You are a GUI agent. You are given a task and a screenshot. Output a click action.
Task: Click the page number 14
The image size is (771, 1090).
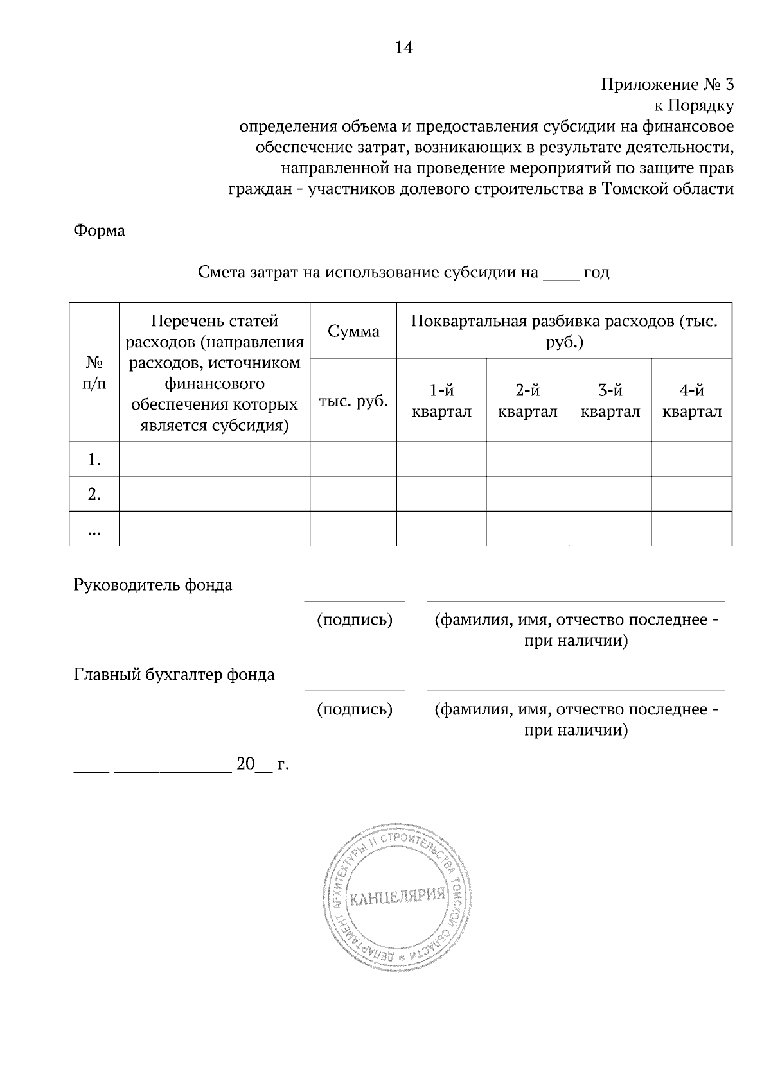click(x=403, y=48)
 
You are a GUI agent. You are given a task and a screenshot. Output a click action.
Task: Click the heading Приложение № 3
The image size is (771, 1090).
click(x=666, y=85)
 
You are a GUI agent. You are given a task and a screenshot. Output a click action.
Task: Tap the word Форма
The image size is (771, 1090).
click(x=100, y=230)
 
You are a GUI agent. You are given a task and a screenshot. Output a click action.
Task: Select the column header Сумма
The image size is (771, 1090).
click(x=353, y=331)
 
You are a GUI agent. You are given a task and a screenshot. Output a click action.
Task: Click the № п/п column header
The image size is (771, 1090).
click(x=94, y=373)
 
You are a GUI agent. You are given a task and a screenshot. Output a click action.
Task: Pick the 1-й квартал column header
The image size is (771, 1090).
click(x=441, y=401)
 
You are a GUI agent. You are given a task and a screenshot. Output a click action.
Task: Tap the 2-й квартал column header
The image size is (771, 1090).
click(x=527, y=401)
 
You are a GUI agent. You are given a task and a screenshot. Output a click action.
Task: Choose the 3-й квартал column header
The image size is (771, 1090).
click(x=610, y=401)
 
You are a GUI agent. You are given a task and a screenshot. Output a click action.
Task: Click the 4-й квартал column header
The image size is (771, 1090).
click(x=692, y=401)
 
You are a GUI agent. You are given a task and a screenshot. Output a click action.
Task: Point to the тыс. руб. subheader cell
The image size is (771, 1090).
click(x=353, y=401)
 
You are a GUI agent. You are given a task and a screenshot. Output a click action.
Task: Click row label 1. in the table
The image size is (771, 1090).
click(x=94, y=460)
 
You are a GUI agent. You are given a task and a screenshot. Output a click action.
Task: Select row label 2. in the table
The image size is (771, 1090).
click(x=94, y=494)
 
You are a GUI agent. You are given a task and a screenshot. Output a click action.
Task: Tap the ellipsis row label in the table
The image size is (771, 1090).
click(x=94, y=530)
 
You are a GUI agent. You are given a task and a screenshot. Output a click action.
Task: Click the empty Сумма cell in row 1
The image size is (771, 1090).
click(x=353, y=460)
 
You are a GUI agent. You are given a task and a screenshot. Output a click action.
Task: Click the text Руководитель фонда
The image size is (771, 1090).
click(x=153, y=585)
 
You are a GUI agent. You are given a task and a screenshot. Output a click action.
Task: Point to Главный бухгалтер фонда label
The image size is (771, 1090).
click(x=174, y=674)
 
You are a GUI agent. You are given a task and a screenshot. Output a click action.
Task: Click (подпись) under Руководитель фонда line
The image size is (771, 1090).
click(x=355, y=619)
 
